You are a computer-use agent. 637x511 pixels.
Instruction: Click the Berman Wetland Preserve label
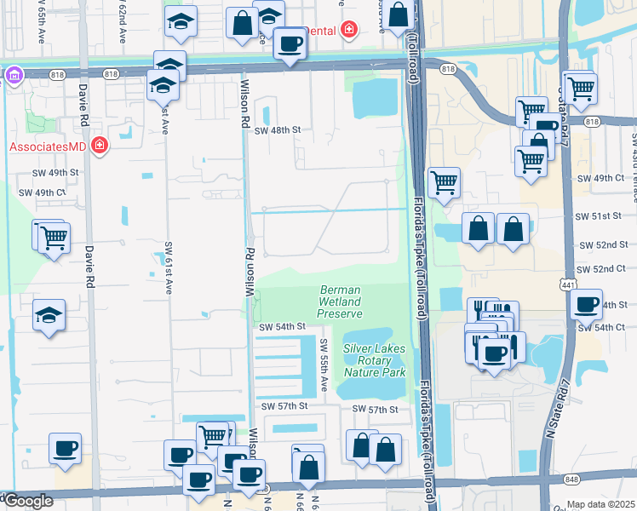(340, 301)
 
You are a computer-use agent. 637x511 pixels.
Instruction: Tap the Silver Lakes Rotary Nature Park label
(375, 360)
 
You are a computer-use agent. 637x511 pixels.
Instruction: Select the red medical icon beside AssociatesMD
(100, 146)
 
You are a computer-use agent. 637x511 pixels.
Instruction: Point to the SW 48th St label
(278, 130)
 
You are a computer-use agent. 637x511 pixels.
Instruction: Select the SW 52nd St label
(610, 244)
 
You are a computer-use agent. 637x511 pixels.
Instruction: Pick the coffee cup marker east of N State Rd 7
(586, 305)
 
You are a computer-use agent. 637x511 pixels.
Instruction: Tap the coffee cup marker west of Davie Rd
(65, 446)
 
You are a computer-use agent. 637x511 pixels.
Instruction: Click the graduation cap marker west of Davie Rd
(49, 315)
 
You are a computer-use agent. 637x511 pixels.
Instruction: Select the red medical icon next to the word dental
(347, 31)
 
